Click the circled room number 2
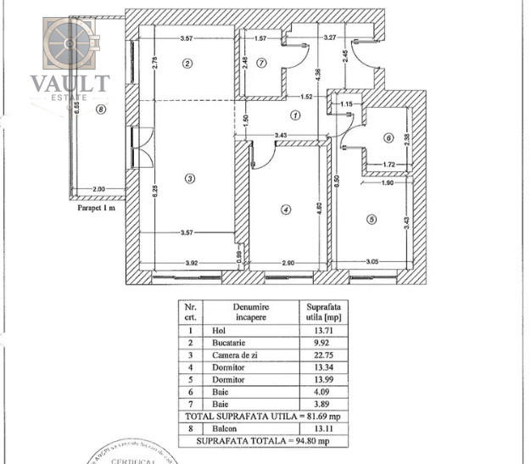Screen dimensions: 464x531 coord(188,62)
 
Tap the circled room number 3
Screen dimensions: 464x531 coord(190,178)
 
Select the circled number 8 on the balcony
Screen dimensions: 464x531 coord(102,109)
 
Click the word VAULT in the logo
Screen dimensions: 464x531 coord(70,83)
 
